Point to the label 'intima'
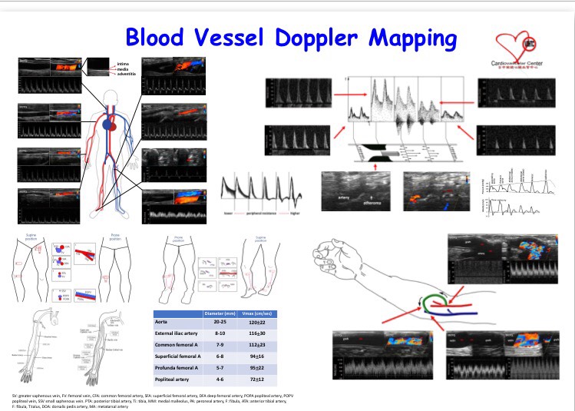point(124,62)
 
